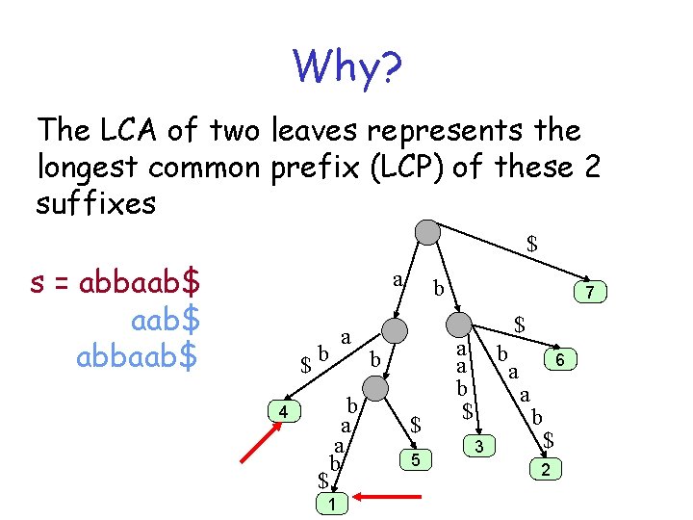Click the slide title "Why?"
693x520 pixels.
coord(349,66)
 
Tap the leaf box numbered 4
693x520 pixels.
coord(283,411)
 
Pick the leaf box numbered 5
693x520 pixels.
coord(415,460)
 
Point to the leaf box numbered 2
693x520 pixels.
coord(546,469)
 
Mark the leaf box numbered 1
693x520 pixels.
coord(331,504)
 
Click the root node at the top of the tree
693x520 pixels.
coord(426,232)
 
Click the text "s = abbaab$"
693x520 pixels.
coord(115,284)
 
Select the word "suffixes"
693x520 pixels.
coord(96,202)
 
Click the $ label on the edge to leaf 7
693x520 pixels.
coord(531,245)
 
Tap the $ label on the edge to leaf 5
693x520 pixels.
coord(416,424)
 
